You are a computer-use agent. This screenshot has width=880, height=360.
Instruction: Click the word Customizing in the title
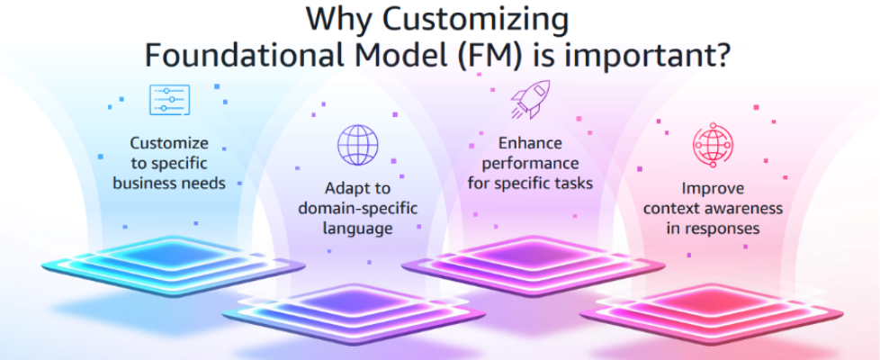click(x=475, y=21)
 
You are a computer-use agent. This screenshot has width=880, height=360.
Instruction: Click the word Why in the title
click(x=338, y=20)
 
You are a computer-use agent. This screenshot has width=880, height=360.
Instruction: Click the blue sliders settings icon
click(x=169, y=100)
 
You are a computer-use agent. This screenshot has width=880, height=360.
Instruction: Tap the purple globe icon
click(x=357, y=145)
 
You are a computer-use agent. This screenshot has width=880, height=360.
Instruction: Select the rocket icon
click(x=530, y=99)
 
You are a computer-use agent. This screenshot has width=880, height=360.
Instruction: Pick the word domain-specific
click(x=357, y=209)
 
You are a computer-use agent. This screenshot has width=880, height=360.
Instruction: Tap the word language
click(x=357, y=229)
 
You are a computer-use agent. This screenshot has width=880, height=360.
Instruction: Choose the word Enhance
click(x=530, y=143)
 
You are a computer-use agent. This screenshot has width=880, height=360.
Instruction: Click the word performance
click(x=530, y=164)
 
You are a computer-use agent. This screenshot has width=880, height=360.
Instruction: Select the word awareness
click(x=745, y=209)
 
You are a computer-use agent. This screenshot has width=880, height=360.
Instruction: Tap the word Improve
click(x=713, y=188)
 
